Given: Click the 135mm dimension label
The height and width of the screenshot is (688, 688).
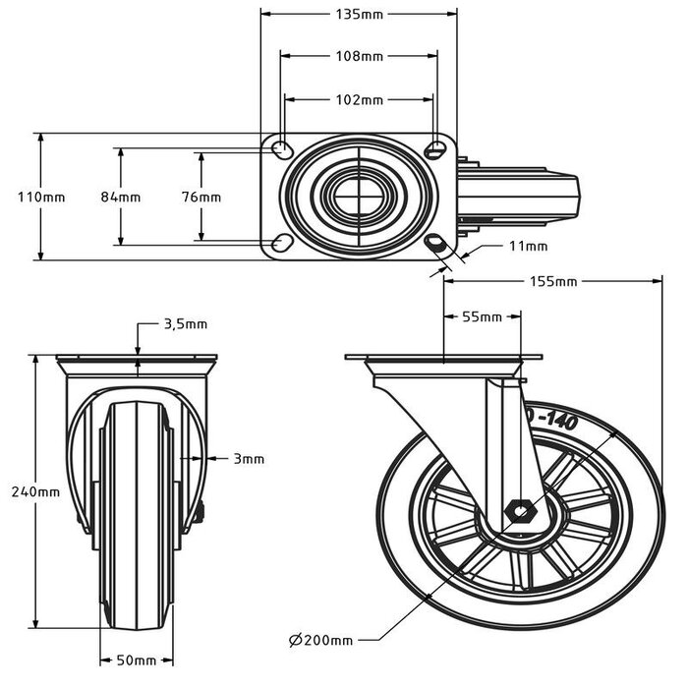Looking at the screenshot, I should click(359, 14).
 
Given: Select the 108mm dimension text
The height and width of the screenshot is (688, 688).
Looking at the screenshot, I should click(359, 56).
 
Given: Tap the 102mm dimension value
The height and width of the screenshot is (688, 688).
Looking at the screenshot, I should click(359, 99).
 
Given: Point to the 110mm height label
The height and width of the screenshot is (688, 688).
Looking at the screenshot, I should click(41, 197).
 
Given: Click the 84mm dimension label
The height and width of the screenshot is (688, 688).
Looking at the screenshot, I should click(121, 197).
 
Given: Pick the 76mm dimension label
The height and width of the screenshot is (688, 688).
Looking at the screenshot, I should click(201, 197).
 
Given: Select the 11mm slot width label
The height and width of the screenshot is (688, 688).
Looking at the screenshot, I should click(528, 245).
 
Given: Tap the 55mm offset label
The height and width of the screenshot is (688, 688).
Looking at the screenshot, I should click(482, 316).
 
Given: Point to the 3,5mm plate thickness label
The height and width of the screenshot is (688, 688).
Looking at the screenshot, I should click(184, 323).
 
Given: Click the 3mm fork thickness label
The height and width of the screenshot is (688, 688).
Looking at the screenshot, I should click(249, 458).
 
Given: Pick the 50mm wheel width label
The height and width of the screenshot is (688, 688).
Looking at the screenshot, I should click(137, 659).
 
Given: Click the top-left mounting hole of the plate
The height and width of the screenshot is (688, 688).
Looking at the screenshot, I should click(280, 149).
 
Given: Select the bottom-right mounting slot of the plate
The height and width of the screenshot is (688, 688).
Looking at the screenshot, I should click(435, 243).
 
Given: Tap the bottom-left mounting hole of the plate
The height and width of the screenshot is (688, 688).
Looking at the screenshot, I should click(280, 243).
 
